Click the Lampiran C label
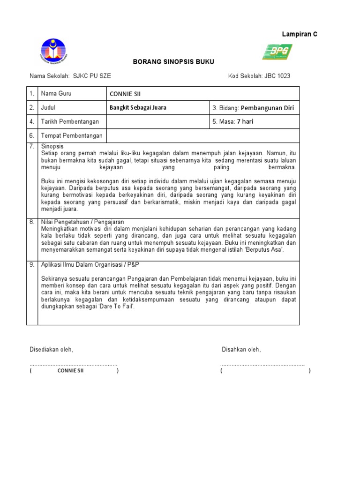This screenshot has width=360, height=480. point(300,35)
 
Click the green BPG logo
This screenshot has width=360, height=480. point(277,52)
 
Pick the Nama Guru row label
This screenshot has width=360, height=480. point(56,93)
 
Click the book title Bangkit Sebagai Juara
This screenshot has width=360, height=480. point(138,107)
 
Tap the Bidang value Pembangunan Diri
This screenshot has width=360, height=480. point(267,108)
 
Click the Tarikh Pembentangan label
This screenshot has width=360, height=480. point(70,121)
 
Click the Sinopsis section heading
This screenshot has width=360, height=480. point(52,147)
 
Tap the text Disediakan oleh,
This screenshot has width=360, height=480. point(52,350)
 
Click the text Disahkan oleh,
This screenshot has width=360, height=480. point(241,350)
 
